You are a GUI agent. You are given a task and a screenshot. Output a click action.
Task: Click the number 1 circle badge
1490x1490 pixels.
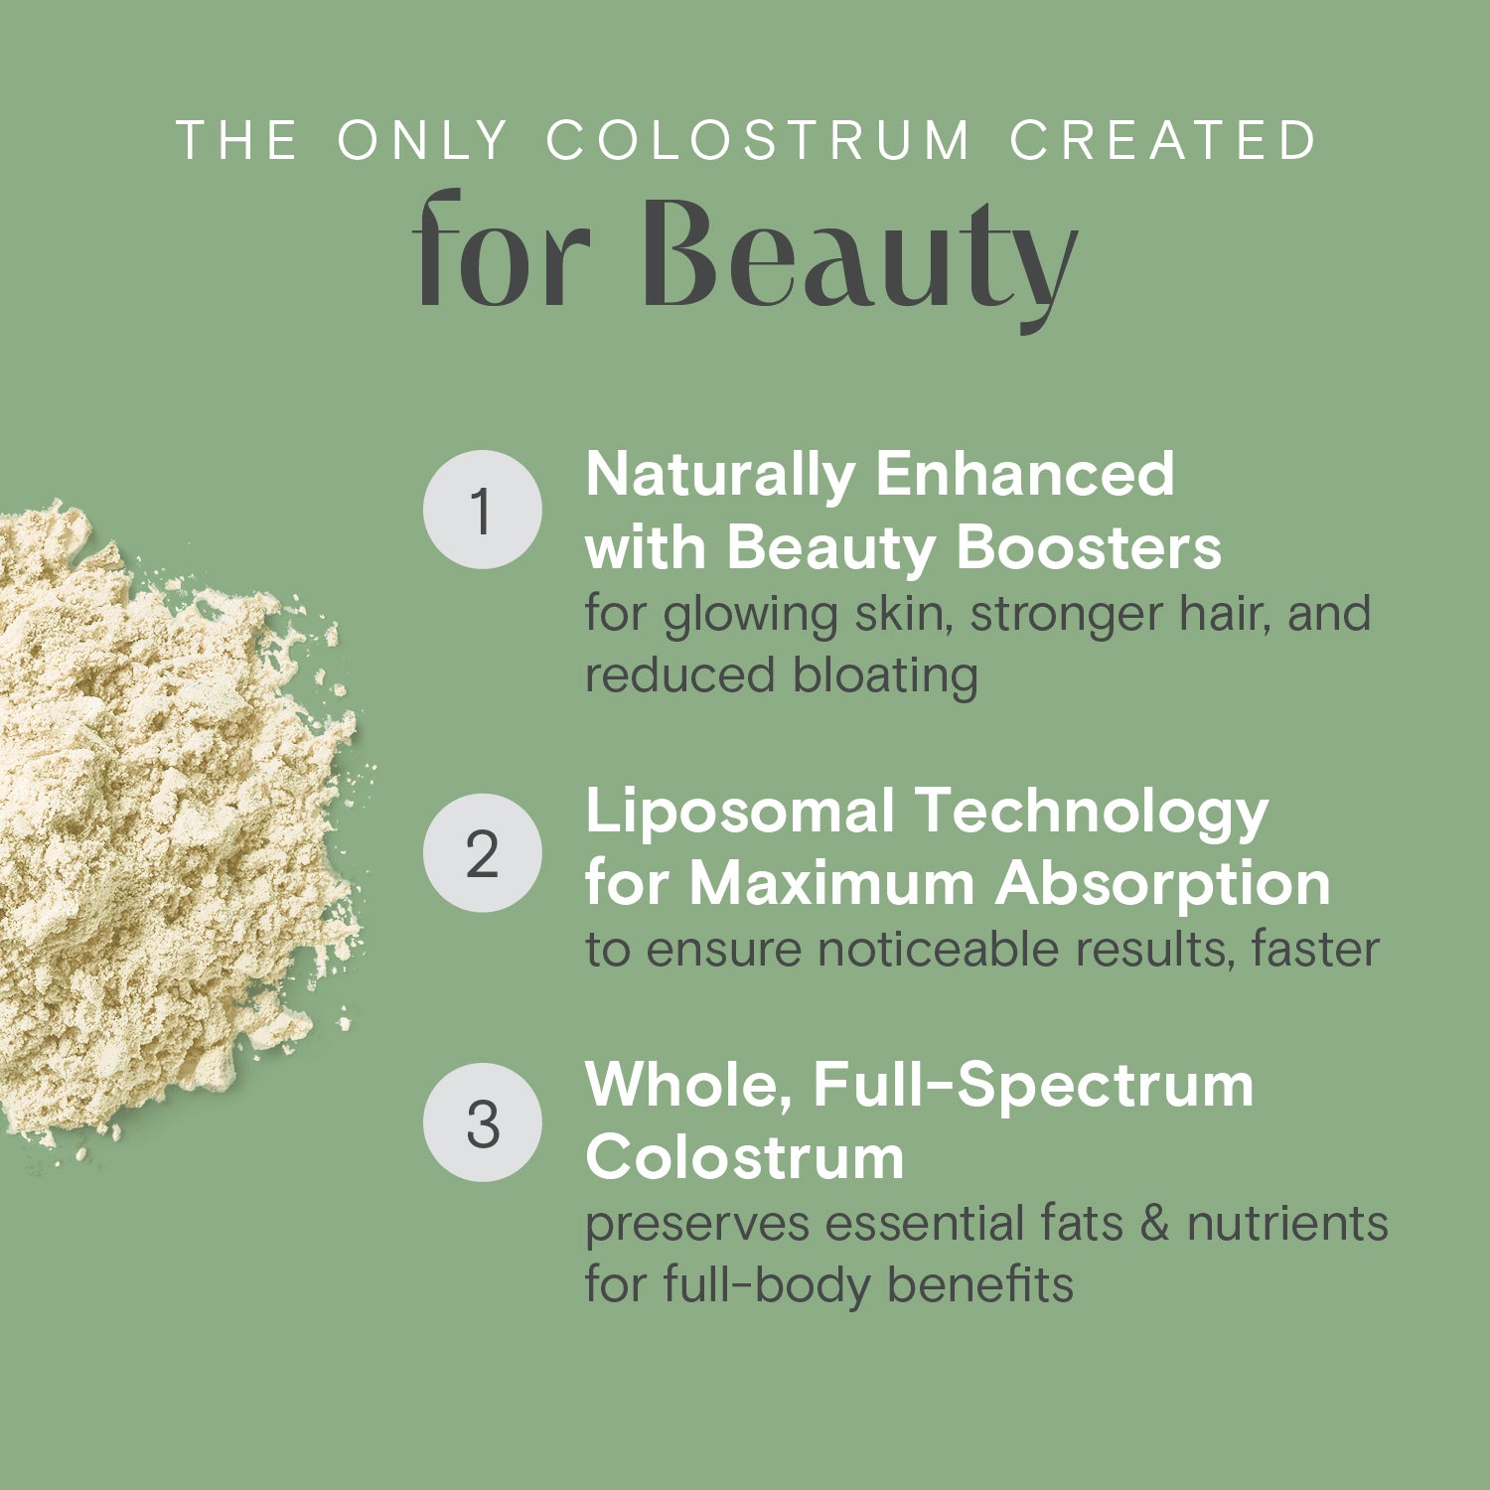tap(483, 510)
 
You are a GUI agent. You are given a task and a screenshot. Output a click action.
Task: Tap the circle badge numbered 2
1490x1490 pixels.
tap(483, 853)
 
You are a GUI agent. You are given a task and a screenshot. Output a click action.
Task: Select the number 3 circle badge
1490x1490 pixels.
tap(483, 1122)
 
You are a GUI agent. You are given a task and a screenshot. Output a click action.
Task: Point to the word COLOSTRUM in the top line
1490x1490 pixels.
tap(758, 140)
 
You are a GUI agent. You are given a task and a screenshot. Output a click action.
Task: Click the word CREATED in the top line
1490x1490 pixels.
tap(1163, 140)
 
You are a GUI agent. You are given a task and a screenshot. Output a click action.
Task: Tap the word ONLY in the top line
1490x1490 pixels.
tap(423, 140)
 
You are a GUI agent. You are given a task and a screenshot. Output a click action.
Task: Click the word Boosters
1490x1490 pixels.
tap(1089, 547)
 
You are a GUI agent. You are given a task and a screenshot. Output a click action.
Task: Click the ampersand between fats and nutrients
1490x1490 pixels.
tap(1154, 1224)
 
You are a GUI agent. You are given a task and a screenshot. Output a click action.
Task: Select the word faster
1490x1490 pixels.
tap(1315, 949)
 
